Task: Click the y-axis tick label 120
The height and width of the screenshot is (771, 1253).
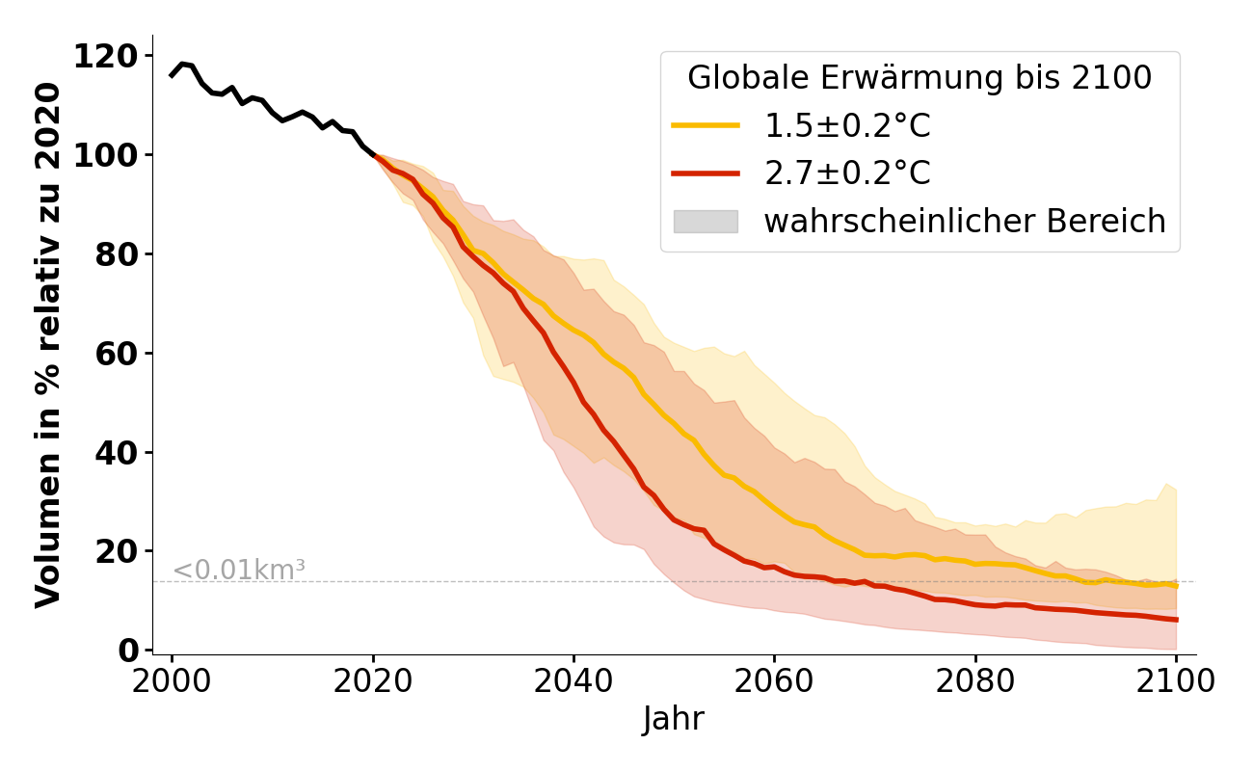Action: [113, 57]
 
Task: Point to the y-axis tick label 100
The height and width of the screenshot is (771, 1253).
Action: [113, 155]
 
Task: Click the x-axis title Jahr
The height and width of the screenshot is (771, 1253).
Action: [674, 720]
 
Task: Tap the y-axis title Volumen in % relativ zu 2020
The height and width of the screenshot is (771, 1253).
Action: [48, 345]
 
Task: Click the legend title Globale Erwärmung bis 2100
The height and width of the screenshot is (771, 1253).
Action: [920, 78]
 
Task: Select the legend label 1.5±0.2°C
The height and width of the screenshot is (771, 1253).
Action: [847, 126]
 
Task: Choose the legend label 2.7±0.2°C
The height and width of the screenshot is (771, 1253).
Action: [847, 173]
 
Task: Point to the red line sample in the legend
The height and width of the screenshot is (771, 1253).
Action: [706, 173]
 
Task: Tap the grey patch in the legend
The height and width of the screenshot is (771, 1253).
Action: [706, 222]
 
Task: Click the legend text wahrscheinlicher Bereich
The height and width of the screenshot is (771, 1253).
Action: [965, 222]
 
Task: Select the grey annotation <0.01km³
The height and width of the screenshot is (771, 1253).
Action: [238, 571]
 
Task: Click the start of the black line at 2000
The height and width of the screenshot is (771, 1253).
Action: [172, 75]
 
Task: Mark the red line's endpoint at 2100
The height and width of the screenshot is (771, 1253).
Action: [1176, 620]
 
